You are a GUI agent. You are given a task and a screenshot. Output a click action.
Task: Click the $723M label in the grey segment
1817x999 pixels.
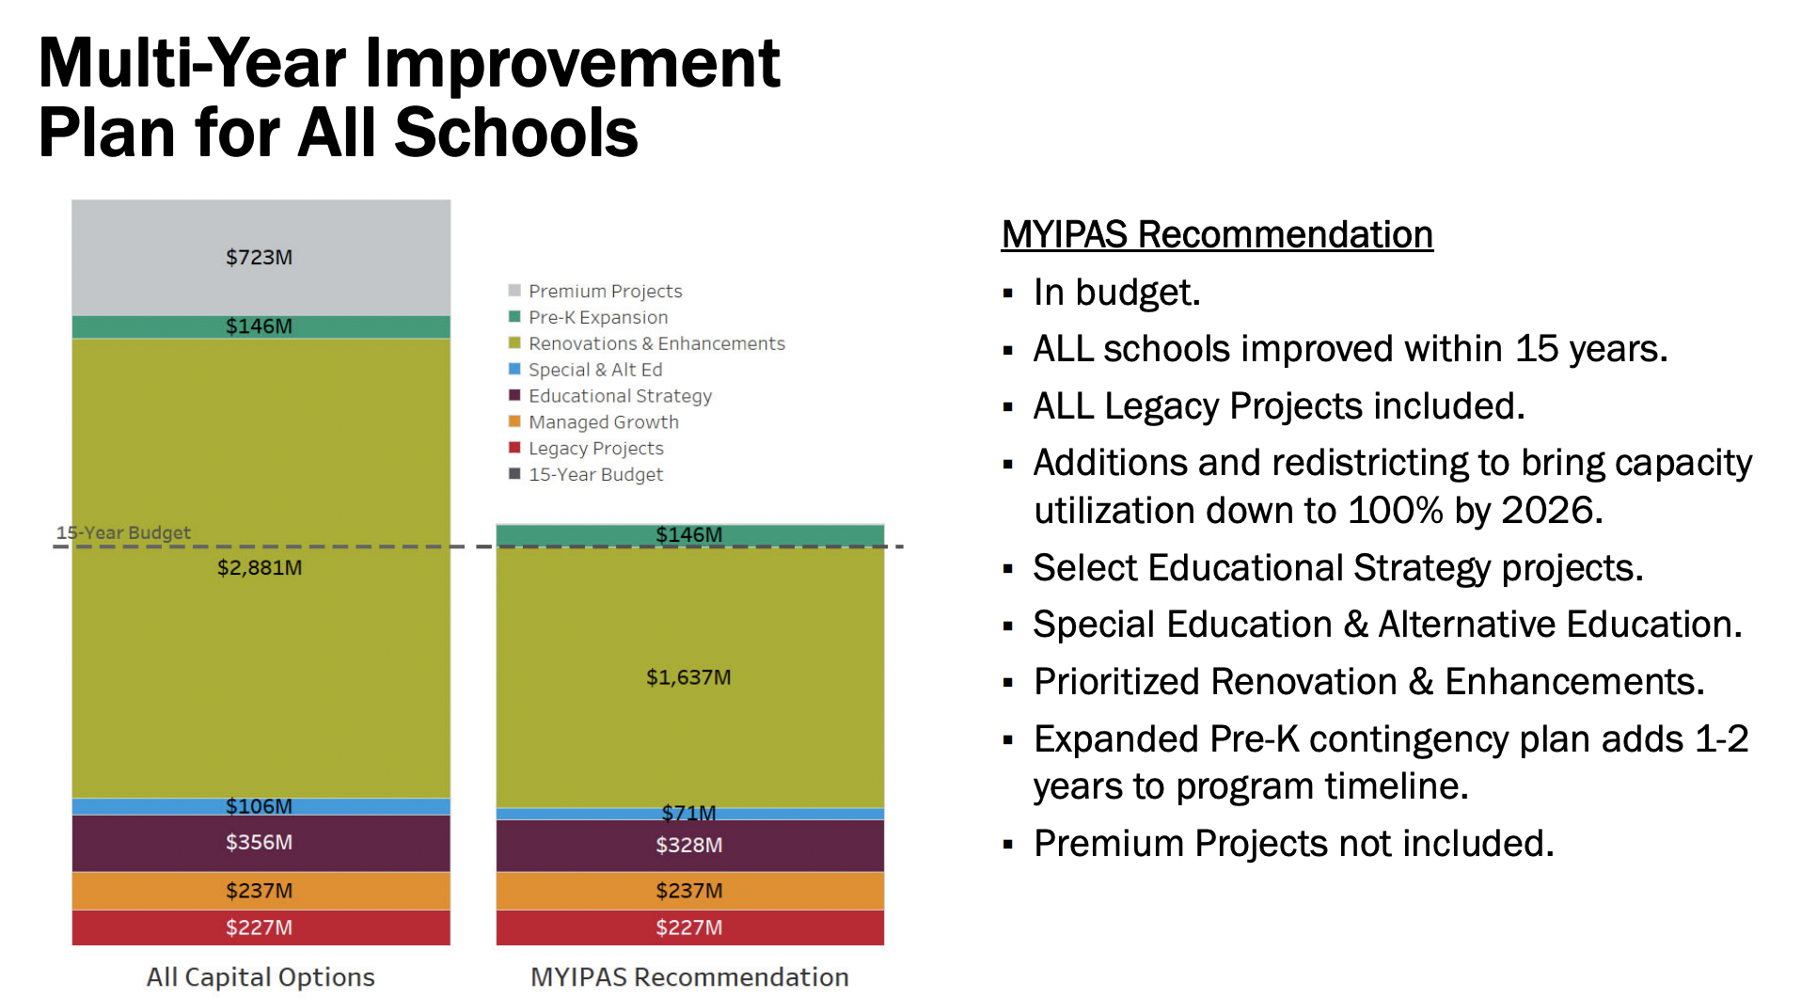pyautogui.click(x=259, y=257)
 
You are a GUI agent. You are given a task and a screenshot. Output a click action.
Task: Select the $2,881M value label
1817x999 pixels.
pyautogui.click(x=260, y=567)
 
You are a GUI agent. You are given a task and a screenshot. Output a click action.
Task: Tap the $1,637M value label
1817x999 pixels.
pyautogui.click(x=688, y=677)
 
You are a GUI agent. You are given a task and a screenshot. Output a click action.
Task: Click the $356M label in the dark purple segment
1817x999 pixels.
pyautogui.click(x=259, y=842)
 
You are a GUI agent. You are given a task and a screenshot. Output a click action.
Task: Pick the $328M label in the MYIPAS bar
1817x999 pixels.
pyautogui.click(x=688, y=845)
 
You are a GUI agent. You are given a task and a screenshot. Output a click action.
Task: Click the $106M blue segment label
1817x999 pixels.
pyautogui.click(x=259, y=806)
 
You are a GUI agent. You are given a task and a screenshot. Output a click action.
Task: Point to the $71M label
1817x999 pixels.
pyautogui.click(x=688, y=813)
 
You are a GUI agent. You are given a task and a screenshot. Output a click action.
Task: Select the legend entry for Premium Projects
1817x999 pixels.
pyautogui.click(x=605, y=291)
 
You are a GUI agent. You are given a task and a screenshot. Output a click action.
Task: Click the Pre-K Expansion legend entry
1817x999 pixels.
pyautogui.click(x=598, y=317)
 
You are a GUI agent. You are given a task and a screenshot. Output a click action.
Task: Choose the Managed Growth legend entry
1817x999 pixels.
pyautogui.click(x=603, y=422)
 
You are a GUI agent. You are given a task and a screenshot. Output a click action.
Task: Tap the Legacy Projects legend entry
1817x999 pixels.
pyautogui.click(x=595, y=449)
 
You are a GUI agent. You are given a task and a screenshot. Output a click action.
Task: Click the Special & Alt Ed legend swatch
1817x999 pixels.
pyautogui.click(x=514, y=369)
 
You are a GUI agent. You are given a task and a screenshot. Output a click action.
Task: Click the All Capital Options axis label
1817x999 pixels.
pyautogui.click(x=261, y=976)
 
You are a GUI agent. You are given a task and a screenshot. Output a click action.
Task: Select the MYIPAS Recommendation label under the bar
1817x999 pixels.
pyautogui.click(x=689, y=976)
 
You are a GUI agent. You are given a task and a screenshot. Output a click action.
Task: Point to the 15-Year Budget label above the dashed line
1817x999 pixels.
pyautogui.click(x=123, y=532)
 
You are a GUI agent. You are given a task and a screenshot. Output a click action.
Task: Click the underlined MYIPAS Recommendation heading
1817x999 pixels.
pyautogui.click(x=1216, y=234)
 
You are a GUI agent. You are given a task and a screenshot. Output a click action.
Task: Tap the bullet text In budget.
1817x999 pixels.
pyautogui.click(x=1116, y=293)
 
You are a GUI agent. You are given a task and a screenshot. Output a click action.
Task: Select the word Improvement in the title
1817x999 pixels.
pyautogui.click(x=572, y=64)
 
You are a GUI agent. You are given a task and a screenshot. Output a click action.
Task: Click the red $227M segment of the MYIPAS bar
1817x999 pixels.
pyautogui.click(x=689, y=928)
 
